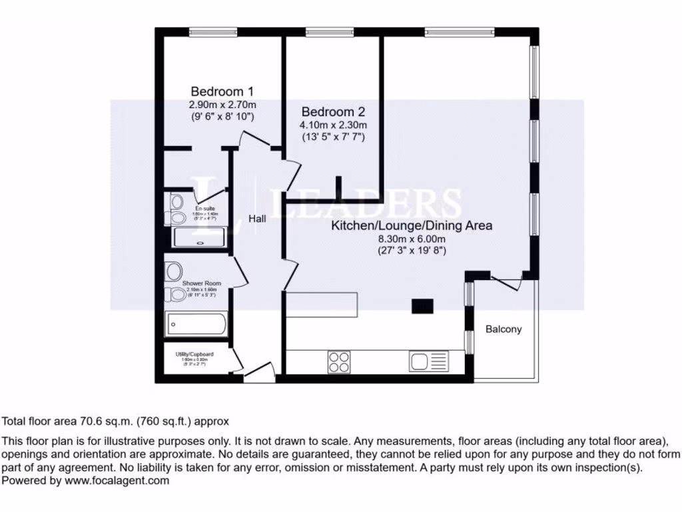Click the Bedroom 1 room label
[222, 91]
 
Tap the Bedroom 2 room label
[332, 112]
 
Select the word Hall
[258, 219]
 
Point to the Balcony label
[503, 329]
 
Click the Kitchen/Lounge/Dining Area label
[412, 226]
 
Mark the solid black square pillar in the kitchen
[422, 306]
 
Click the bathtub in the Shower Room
[196, 325]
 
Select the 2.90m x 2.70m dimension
[222, 105]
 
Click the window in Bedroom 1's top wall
[213, 31]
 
